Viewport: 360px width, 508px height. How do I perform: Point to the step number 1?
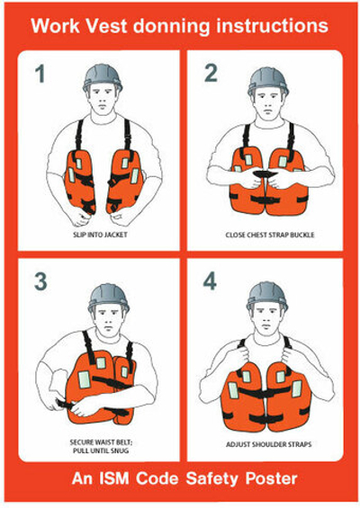[40, 74]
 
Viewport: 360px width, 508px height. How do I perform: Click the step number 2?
[211, 73]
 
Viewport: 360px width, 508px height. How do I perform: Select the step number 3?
[40, 281]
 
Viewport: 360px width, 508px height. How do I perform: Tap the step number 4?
[210, 281]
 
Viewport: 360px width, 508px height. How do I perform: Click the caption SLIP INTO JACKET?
[100, 235]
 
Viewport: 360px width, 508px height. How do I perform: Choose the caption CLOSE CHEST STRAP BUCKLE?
[270, 235]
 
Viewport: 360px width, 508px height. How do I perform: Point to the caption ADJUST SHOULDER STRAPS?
[269, 444]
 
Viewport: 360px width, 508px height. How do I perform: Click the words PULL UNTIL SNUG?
[101, 450]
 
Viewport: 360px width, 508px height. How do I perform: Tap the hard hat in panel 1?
[103, 76]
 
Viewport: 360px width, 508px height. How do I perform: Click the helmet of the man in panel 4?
[266, 295]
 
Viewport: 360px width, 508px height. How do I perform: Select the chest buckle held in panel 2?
[265, 174]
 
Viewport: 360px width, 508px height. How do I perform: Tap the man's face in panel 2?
[268, 103]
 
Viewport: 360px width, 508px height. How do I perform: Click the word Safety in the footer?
[211, 479]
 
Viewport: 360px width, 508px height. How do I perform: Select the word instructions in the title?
[272, 25]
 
